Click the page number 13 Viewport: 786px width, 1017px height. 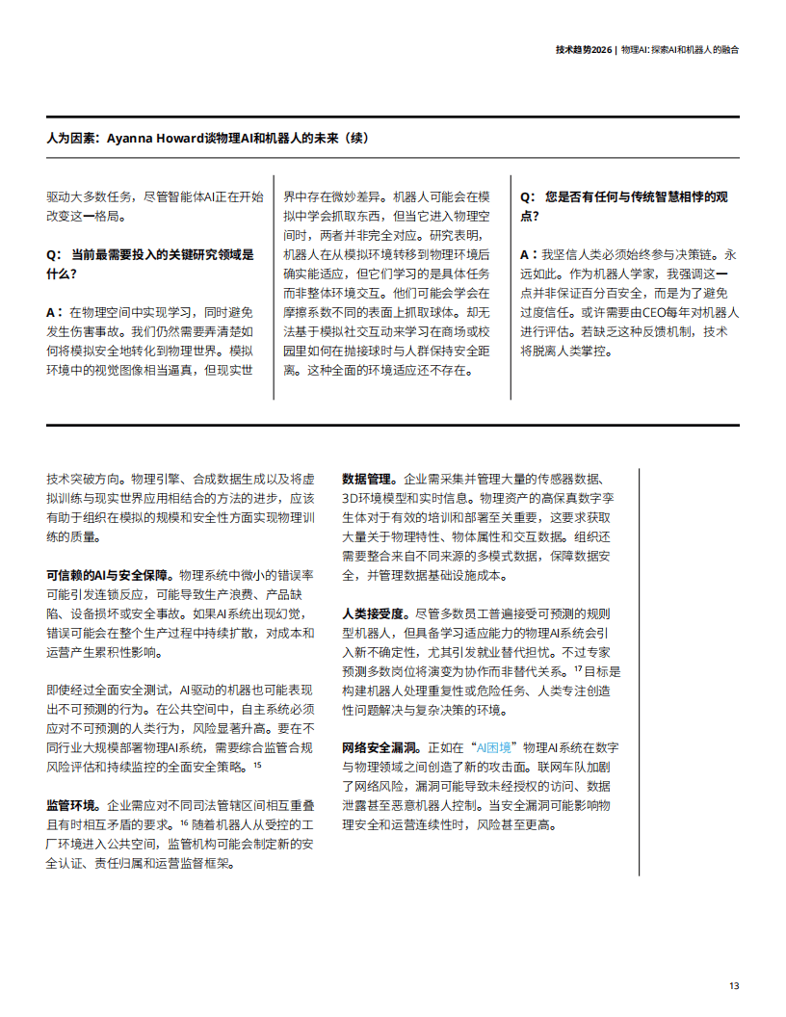pos(734,985)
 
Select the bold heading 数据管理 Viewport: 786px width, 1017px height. pos(367,478)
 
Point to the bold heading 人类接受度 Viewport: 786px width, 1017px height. pos(373,613)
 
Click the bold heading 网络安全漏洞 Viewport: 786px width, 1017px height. pos(379,746)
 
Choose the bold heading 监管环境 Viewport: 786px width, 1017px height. pos(71,804)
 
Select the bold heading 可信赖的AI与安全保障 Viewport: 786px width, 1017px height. pos(110,573)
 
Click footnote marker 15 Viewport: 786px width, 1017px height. pos(257,764)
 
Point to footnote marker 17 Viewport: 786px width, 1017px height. pos(578,667)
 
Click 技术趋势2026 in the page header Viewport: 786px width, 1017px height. pos(583,48)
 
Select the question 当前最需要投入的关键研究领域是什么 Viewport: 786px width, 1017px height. pos(150,264)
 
